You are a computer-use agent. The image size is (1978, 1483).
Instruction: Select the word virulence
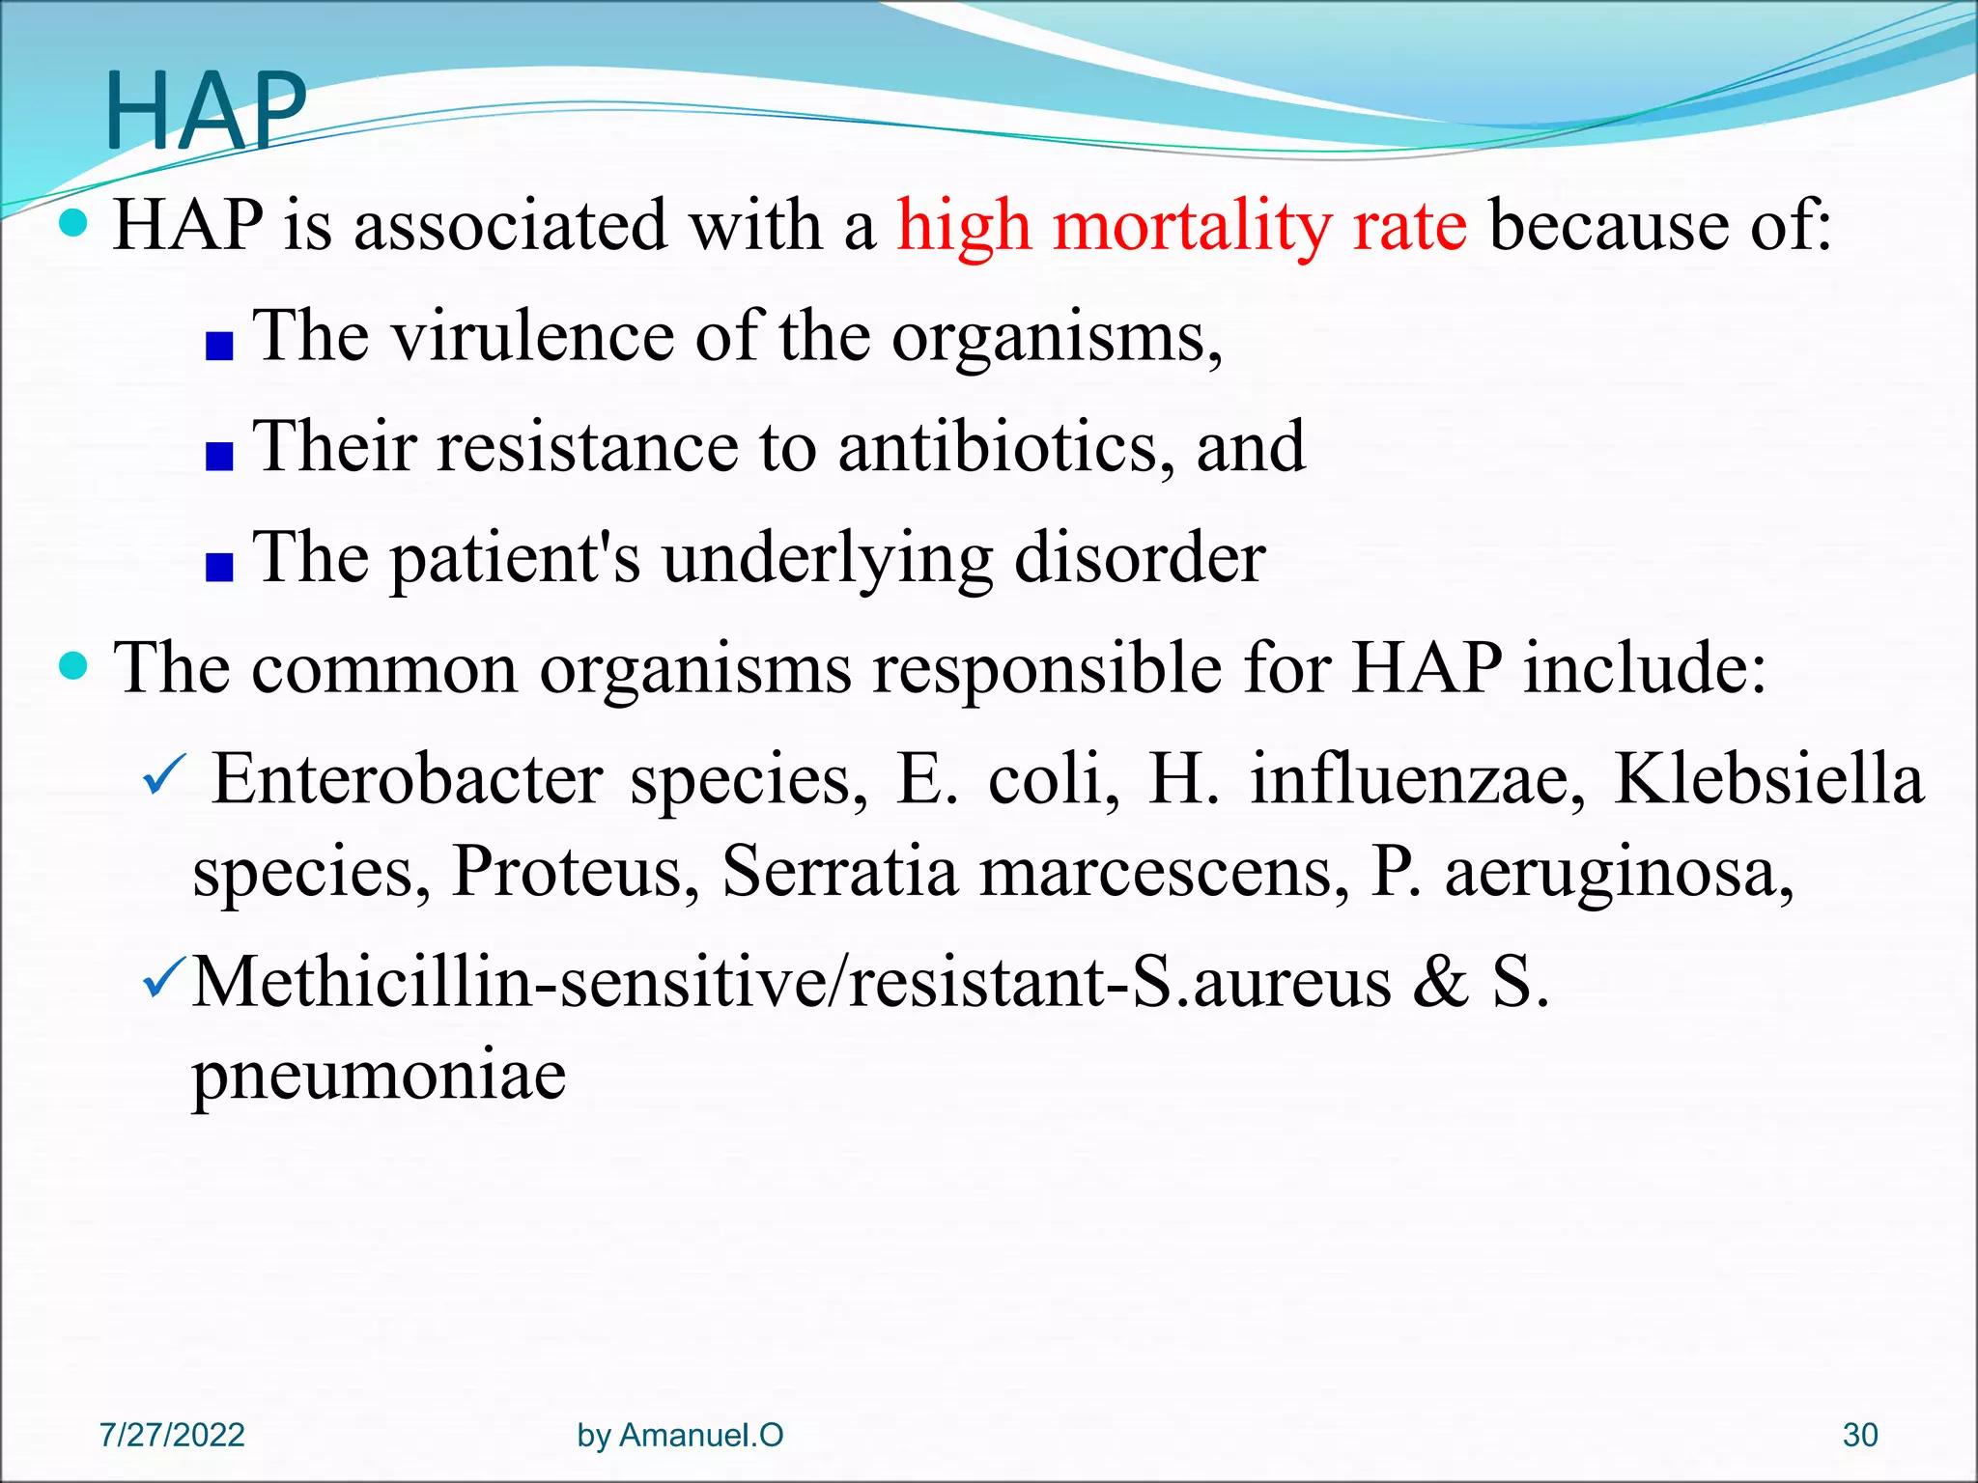point(531,337)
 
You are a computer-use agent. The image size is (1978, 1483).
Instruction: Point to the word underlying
point(827,559)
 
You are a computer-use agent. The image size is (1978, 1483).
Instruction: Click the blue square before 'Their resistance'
point(219,456)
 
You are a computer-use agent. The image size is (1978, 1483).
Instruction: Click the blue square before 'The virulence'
point(219,346)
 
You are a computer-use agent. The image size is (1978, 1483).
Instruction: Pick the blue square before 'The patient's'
point(219,568)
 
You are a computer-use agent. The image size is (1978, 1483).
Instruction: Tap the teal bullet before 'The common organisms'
point(73,665)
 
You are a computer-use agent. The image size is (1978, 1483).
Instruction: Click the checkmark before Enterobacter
point(162,776)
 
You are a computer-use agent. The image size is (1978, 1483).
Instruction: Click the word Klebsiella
point(1769,778)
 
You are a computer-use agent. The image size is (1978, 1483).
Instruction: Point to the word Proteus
point(576,871)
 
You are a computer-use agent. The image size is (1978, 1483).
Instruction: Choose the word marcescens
point(1163,871)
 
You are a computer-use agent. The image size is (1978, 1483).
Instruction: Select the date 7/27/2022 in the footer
point(172,1435)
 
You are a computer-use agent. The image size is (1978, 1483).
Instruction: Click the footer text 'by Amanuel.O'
point(680,1435)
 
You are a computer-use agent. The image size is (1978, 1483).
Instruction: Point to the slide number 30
point(1859,1435)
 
